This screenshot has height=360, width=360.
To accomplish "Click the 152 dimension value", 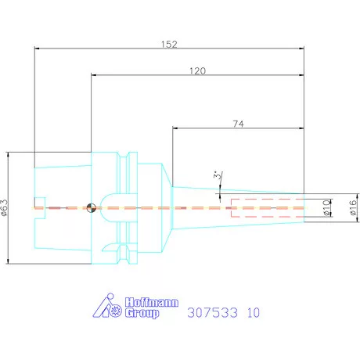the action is coord(169,44).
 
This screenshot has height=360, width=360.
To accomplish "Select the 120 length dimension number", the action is coord(197,71).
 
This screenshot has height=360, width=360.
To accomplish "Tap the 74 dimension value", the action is coord(239,124).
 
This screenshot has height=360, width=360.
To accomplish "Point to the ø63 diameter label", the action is coord(4,207).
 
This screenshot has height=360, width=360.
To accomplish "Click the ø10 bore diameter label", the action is coord(326,208).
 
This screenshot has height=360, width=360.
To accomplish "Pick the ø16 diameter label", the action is coord(353,207).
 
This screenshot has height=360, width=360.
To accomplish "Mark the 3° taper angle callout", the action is coord(218,175).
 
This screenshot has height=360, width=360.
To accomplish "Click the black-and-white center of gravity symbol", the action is coord(91,208).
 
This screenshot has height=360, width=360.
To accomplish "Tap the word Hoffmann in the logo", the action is coord(152,302).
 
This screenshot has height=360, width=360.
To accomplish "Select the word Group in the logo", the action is coord(142,313).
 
